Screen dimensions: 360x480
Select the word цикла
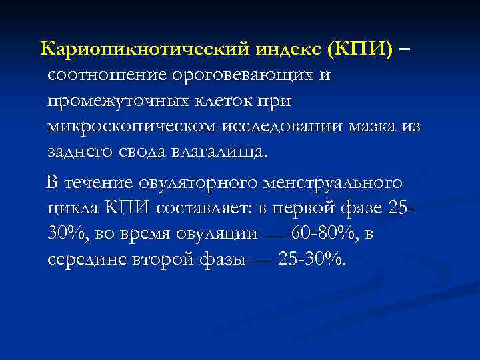point(73,208)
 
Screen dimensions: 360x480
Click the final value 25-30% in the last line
point(311,259)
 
